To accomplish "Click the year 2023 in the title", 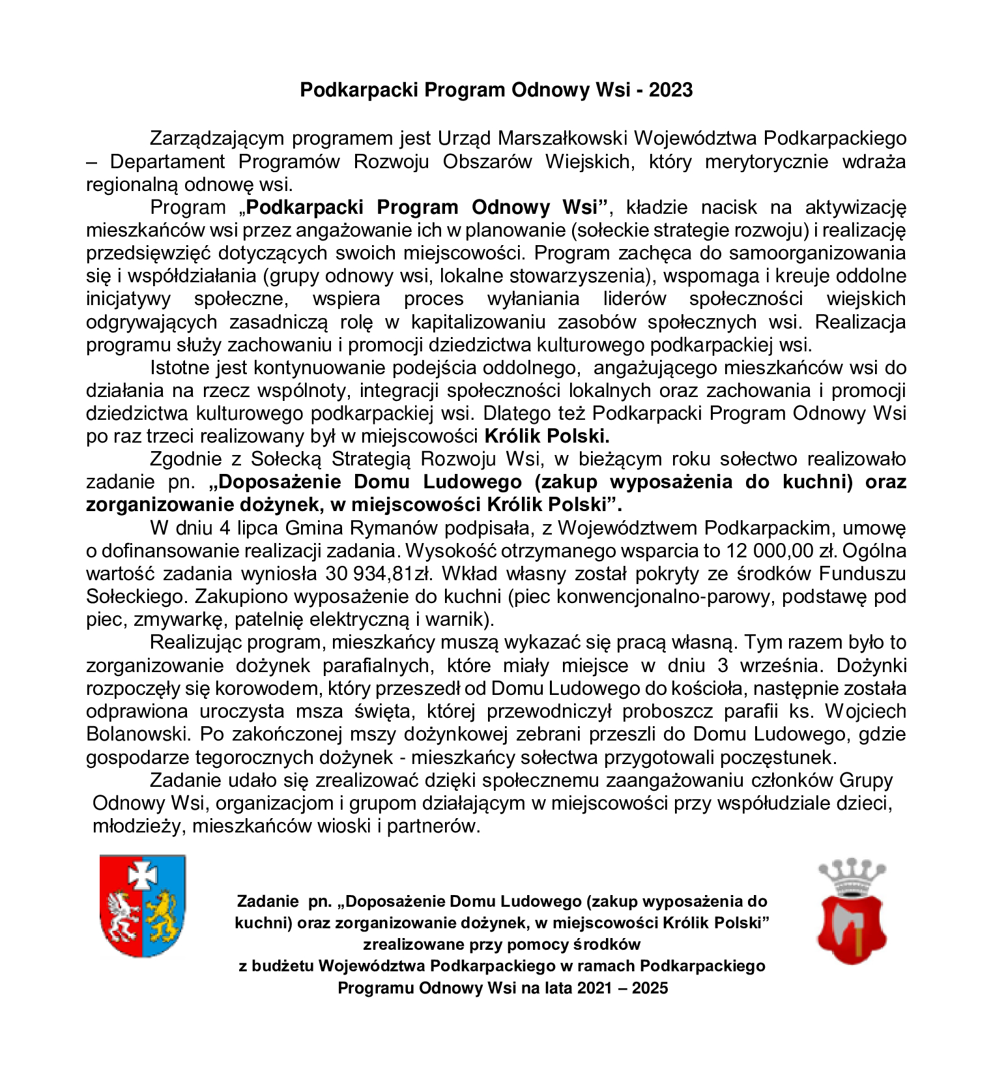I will coord(670,90).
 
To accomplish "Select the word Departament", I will coord(167,162).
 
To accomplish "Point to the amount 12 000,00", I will coord(761,551).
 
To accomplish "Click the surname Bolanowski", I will coord(138,734).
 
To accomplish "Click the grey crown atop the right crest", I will coord(852,877).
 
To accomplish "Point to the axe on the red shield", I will coord(850,926).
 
